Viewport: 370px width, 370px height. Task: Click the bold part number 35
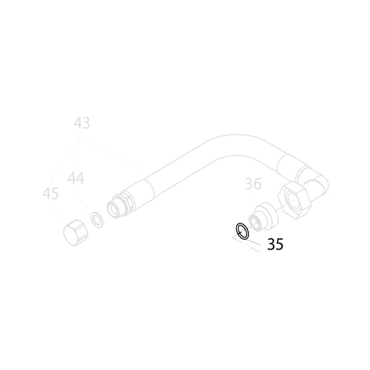[275, 244]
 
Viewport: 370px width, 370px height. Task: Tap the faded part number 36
[253, 184]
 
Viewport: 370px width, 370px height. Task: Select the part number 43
[82, 123]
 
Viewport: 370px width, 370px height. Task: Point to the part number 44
[76, 178]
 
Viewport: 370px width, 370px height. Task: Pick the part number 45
[51, 194]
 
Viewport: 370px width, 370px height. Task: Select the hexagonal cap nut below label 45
[75, 232]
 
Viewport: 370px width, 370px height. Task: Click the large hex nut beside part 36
[293, 200]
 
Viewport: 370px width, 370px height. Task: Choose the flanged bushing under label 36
[263, 216]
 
